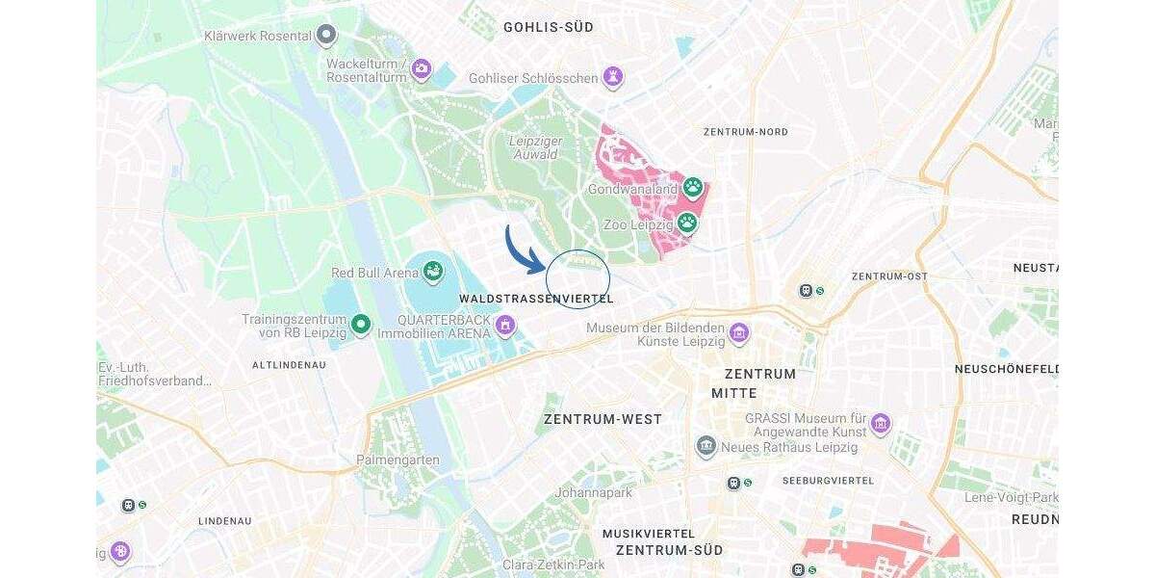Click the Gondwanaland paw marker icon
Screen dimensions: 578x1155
click(x=692, y=186)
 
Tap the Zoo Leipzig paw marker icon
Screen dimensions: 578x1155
click(x=686, y=223)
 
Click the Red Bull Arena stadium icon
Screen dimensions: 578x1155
click(x=433, y=271)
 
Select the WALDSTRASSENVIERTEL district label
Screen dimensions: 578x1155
click(x=536, y=299)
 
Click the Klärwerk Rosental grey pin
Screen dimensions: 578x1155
click(x=327, y=36)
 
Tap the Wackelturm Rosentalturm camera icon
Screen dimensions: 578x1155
click(x=421, y=68)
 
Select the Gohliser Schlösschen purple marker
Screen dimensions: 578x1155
click(x=612, y=76)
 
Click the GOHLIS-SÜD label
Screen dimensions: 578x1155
click(x=549, y=28)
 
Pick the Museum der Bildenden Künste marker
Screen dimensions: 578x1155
click(x=738, y=333)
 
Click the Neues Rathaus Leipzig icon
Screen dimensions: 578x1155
click(x=706, y=446)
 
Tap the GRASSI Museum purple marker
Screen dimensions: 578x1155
click(x=880, y=423)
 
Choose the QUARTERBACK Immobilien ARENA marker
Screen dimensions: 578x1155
click(x=504, y=326)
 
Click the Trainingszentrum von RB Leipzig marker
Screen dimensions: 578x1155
click(x=361, y=325)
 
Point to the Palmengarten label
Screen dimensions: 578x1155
click(x=398, y=460)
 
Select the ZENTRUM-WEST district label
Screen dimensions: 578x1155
click(x=603, y=419)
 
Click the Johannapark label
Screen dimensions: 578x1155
click(x=593, y=492)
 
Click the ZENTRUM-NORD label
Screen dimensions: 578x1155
click(x=745, y=132)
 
